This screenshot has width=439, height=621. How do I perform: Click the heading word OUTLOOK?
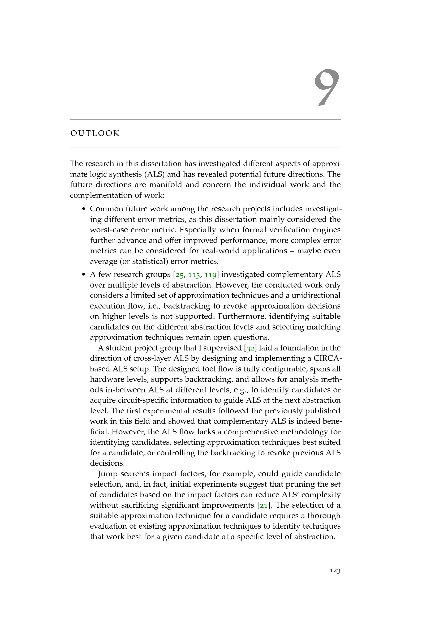[x=95, y=134]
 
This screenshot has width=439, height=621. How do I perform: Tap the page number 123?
[x=335, y=571]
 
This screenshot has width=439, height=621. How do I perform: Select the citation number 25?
[x=180, y=275]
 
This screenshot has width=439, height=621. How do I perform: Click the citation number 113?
[x=194, y=275]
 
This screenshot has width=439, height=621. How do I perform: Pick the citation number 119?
[x=210, y=275]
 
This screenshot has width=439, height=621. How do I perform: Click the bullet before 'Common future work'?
[x=84, y=209]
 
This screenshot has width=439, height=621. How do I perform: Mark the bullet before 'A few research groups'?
[x=84, y=275]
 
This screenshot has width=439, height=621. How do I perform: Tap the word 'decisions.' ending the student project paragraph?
[x=107, y=463]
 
